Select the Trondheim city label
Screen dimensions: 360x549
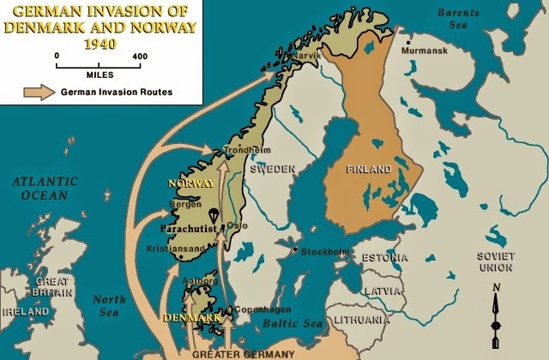click(x=241, y=148)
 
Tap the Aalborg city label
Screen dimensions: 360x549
click(x=200, y=282)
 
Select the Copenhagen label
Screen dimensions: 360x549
click(x=262, y=309)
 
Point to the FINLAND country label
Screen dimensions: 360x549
click(x=369, y=169)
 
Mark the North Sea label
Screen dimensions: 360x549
click(x=109, y=306)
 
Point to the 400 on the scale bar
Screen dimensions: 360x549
click(x=140, y=56)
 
